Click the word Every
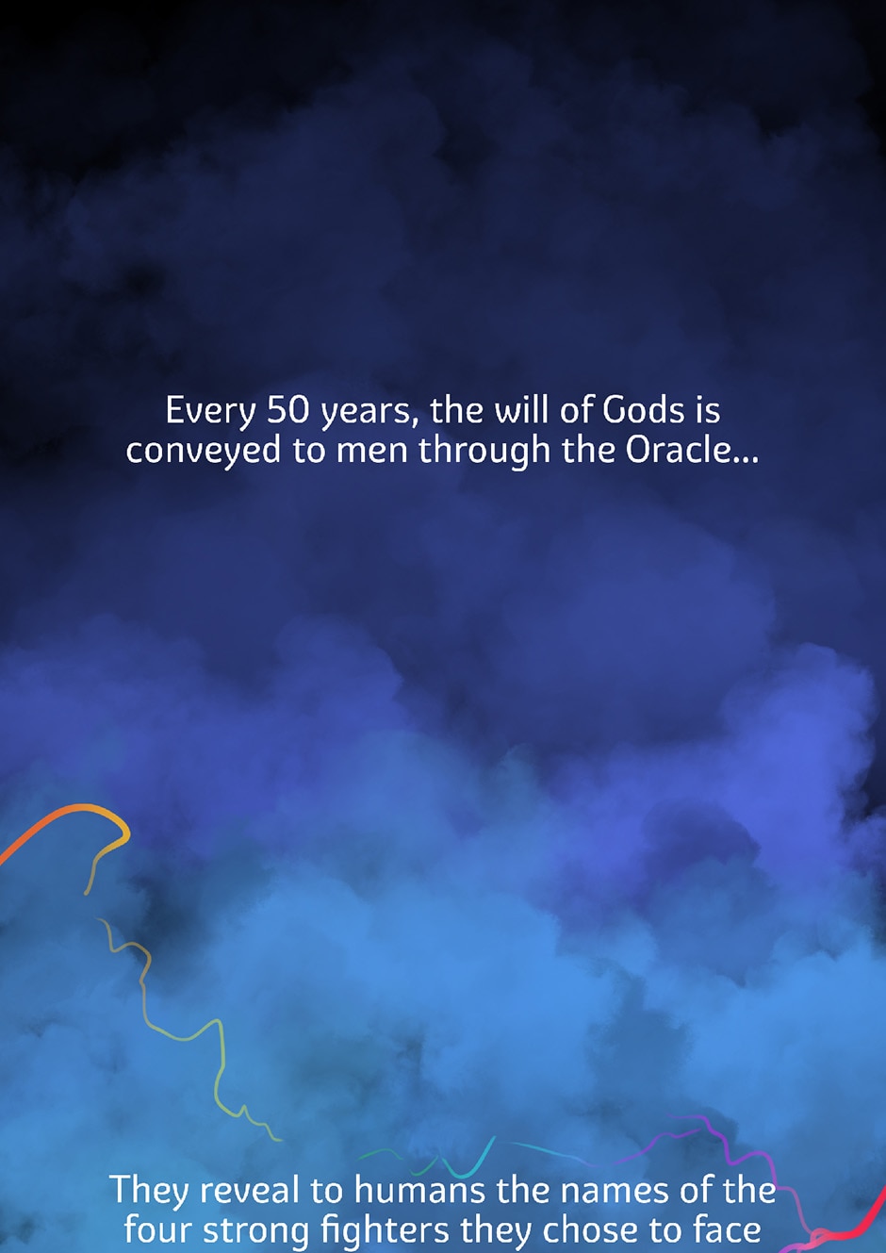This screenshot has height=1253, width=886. point(210,411)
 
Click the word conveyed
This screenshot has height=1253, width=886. point(203,451)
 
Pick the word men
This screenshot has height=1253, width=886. point(371,452)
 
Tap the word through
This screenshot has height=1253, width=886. point(484,451)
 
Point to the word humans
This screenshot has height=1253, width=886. point(419,1191)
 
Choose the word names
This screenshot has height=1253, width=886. point(613,1192)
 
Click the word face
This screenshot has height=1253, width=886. point(727,1230)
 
